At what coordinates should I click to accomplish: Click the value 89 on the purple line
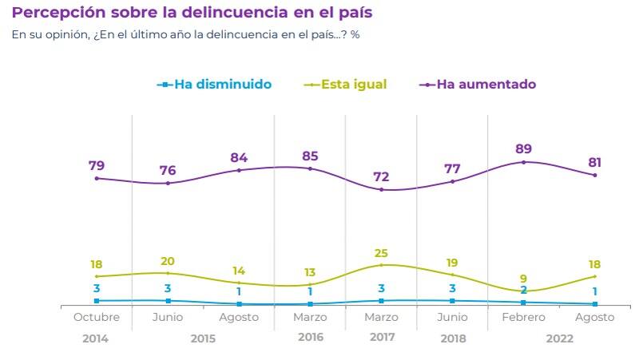523,148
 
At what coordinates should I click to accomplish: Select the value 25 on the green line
381,253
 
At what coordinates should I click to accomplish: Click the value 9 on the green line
523,279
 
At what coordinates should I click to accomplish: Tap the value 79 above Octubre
97,165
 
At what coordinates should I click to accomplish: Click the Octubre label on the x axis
97,317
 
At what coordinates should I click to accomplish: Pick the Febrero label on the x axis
523,317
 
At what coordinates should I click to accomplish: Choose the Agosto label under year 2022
594,317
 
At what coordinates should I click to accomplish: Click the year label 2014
95,338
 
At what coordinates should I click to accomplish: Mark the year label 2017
383,338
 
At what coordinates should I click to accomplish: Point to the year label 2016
310,338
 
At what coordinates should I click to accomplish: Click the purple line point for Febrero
523,162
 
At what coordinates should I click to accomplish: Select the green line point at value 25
381,265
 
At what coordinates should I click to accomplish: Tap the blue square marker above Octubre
97,301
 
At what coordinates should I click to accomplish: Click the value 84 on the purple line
239,156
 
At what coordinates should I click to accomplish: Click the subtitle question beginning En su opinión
185,35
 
